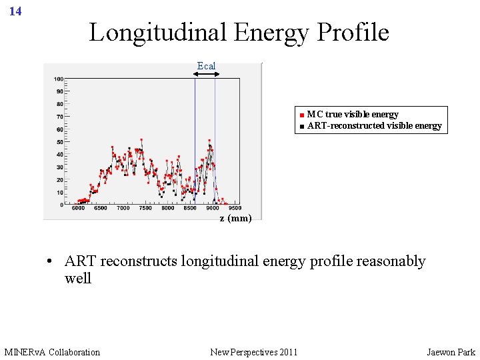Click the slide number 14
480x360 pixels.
pyautogui.click(x=16, y=11)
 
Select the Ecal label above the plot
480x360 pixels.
pyautogui.click(x=206, y=65)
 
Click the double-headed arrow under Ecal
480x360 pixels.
pyautogui.click(x=207, y=74)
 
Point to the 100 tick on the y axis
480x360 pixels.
pyautogui.click(x=59, y=79)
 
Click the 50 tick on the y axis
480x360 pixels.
pyautogui.click(x=59, y=142)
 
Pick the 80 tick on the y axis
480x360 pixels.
pyautogui.click(x=59, y=104)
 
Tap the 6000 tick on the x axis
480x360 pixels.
pyautogui.click(x=78, y=209)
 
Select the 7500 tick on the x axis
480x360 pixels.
pyautogui.click(x=145, y=209)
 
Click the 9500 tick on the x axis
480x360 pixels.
pyautogui.click(x=234, y=209)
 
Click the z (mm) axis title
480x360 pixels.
pyautogui.click(x=236, y=219)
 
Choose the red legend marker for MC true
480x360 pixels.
pyautogui.click(x=302, y=115)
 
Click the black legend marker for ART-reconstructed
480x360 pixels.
pyautogui.click(x=302, y=126)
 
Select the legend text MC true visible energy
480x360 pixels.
pyautogui.click(x=353, y=115)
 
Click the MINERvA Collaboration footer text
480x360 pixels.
pyautogui.click(x=52, y=352)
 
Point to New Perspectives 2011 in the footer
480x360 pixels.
pyautogui.click(x=253, y=352)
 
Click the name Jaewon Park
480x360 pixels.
pyautogui.click(x=451, y=352)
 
